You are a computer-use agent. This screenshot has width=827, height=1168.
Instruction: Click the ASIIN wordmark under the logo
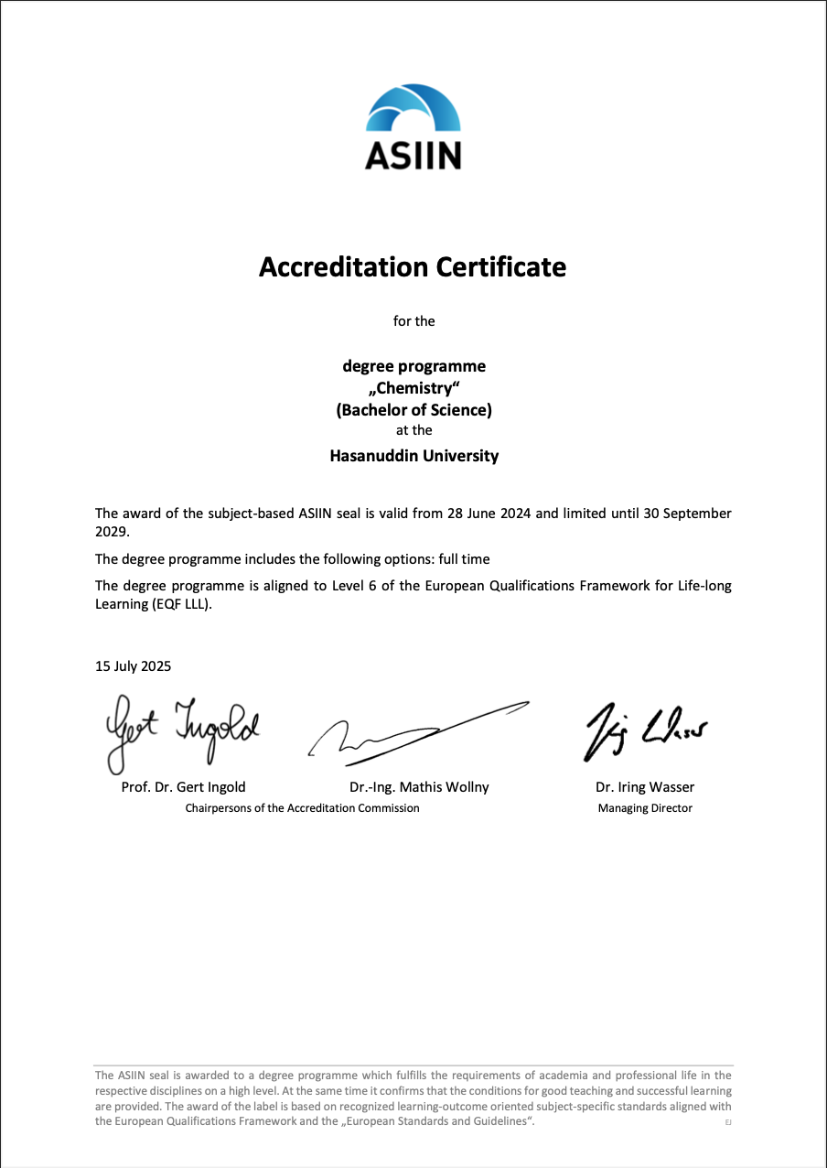point(413,156)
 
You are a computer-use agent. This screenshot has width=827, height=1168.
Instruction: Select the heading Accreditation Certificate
point(413,267)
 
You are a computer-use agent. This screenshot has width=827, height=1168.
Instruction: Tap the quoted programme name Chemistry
point(413,388)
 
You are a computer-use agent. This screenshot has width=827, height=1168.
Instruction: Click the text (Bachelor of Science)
point(413,410)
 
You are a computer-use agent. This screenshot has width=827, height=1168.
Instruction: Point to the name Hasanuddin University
point(413,455)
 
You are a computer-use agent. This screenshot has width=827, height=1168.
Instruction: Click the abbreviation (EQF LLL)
point(179,604)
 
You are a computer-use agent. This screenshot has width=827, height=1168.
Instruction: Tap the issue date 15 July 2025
point(133,666)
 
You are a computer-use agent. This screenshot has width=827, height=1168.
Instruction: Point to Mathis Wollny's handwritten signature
point(416,732)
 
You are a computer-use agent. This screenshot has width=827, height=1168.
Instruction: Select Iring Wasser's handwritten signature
point(644,730)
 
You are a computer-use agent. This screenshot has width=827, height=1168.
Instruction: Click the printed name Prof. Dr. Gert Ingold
point(183,787)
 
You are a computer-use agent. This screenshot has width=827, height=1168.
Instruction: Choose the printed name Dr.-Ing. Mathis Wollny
point(419,787)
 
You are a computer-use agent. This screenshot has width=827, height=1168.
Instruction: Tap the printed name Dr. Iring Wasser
point(645,787)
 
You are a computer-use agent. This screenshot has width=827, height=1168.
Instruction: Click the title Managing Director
point(645,808)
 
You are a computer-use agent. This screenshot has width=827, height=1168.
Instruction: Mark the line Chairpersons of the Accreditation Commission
point(302,808)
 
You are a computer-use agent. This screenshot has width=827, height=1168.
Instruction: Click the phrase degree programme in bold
point(413,366)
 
